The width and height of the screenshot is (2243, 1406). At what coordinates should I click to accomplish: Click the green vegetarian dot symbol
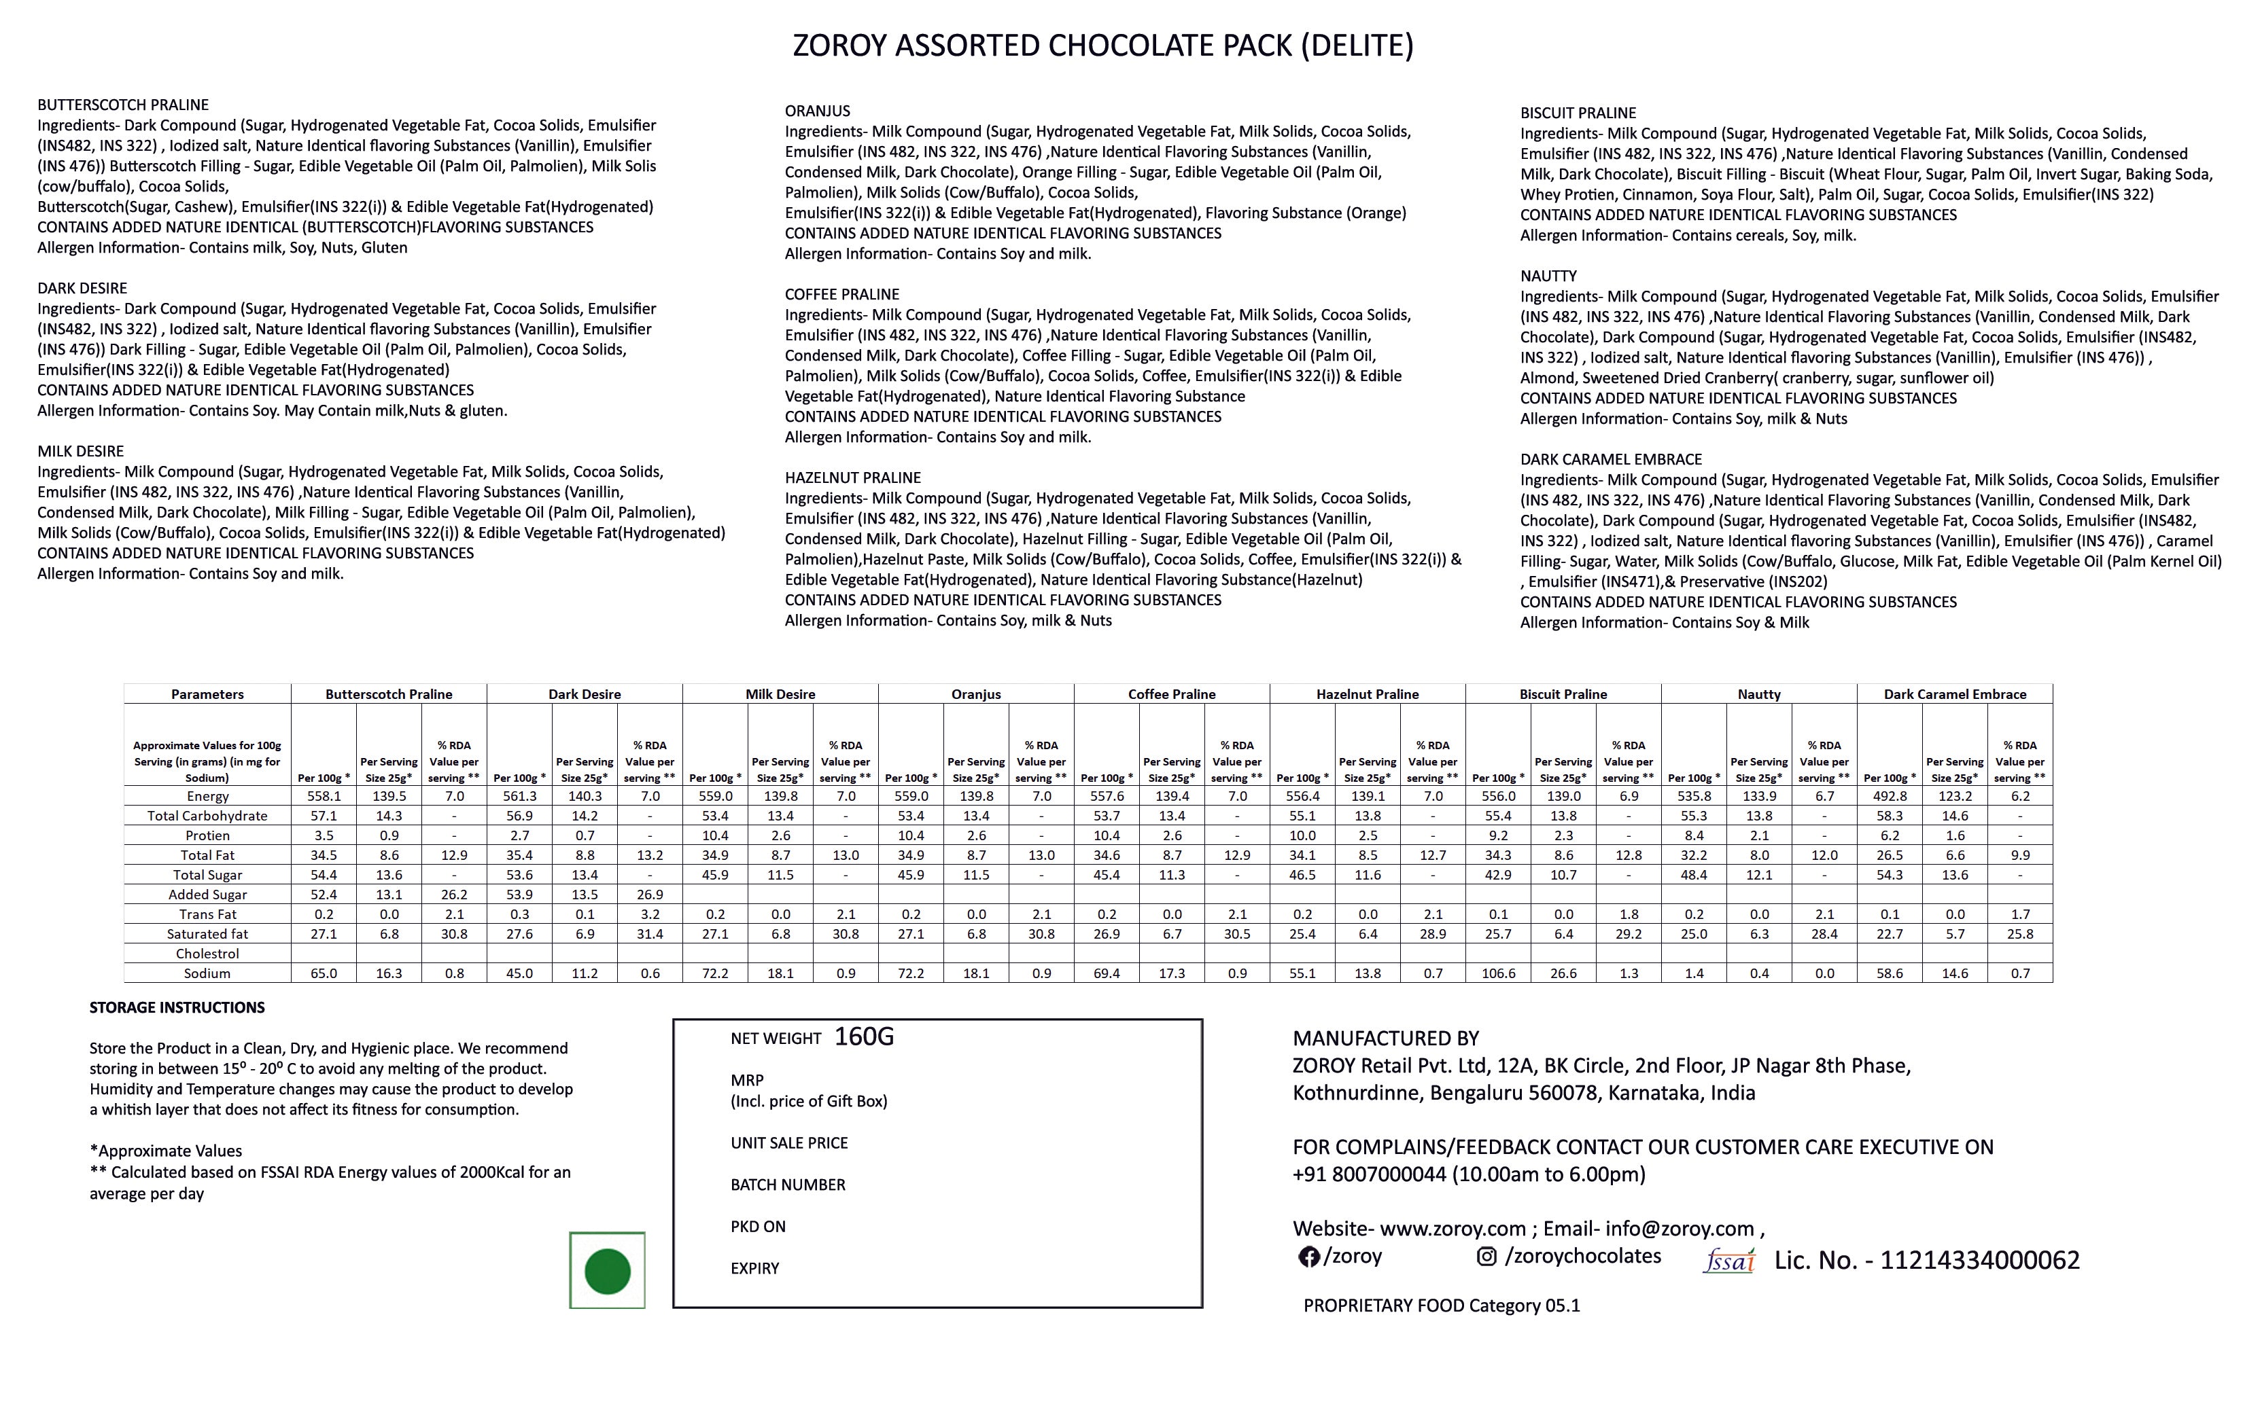606,1271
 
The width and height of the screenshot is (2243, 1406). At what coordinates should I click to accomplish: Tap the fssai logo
1728,1261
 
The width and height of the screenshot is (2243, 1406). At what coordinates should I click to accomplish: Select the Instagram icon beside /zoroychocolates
1486,1257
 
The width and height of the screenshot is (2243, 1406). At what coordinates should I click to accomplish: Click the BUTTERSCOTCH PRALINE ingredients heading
123,105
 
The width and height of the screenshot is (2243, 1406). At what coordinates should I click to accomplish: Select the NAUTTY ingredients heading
1548,276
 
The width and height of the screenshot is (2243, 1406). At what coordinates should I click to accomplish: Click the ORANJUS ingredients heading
817,111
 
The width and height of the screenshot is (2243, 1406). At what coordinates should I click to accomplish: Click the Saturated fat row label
207,934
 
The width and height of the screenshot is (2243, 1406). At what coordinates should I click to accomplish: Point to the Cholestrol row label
207,953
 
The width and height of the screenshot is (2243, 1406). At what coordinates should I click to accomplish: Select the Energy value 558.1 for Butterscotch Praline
324,796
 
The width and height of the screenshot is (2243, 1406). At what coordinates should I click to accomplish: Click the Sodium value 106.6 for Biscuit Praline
1498,973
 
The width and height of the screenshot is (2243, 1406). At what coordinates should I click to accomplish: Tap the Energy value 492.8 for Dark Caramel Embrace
1890,796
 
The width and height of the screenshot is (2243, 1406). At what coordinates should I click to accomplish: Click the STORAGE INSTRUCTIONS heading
177,1007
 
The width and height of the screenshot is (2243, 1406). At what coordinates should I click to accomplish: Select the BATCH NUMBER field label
788,1185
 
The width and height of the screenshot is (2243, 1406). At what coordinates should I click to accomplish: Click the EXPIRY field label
754,1268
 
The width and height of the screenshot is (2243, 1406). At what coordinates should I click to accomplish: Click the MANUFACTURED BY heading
1385,1039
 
